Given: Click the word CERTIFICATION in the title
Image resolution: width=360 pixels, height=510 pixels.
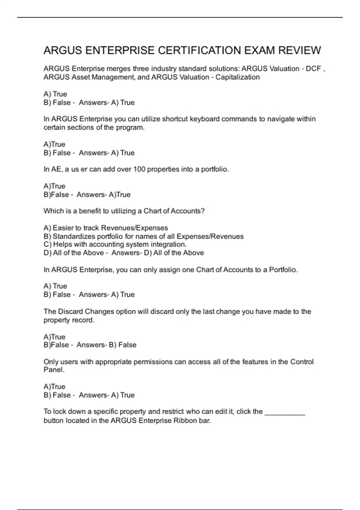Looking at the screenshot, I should click(200, 50).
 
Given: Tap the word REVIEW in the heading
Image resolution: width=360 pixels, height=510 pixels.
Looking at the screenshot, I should click(300, 50).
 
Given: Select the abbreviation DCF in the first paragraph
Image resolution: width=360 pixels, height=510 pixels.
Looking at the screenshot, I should click(313, 69).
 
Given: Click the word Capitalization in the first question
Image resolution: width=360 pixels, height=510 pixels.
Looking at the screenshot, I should click(238, 77).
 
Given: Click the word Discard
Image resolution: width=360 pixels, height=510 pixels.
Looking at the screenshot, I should click(70, 311).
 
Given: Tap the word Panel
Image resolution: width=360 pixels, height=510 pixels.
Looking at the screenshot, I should click(54, 370).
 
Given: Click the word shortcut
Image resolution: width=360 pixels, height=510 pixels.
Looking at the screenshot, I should click(175, 119).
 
